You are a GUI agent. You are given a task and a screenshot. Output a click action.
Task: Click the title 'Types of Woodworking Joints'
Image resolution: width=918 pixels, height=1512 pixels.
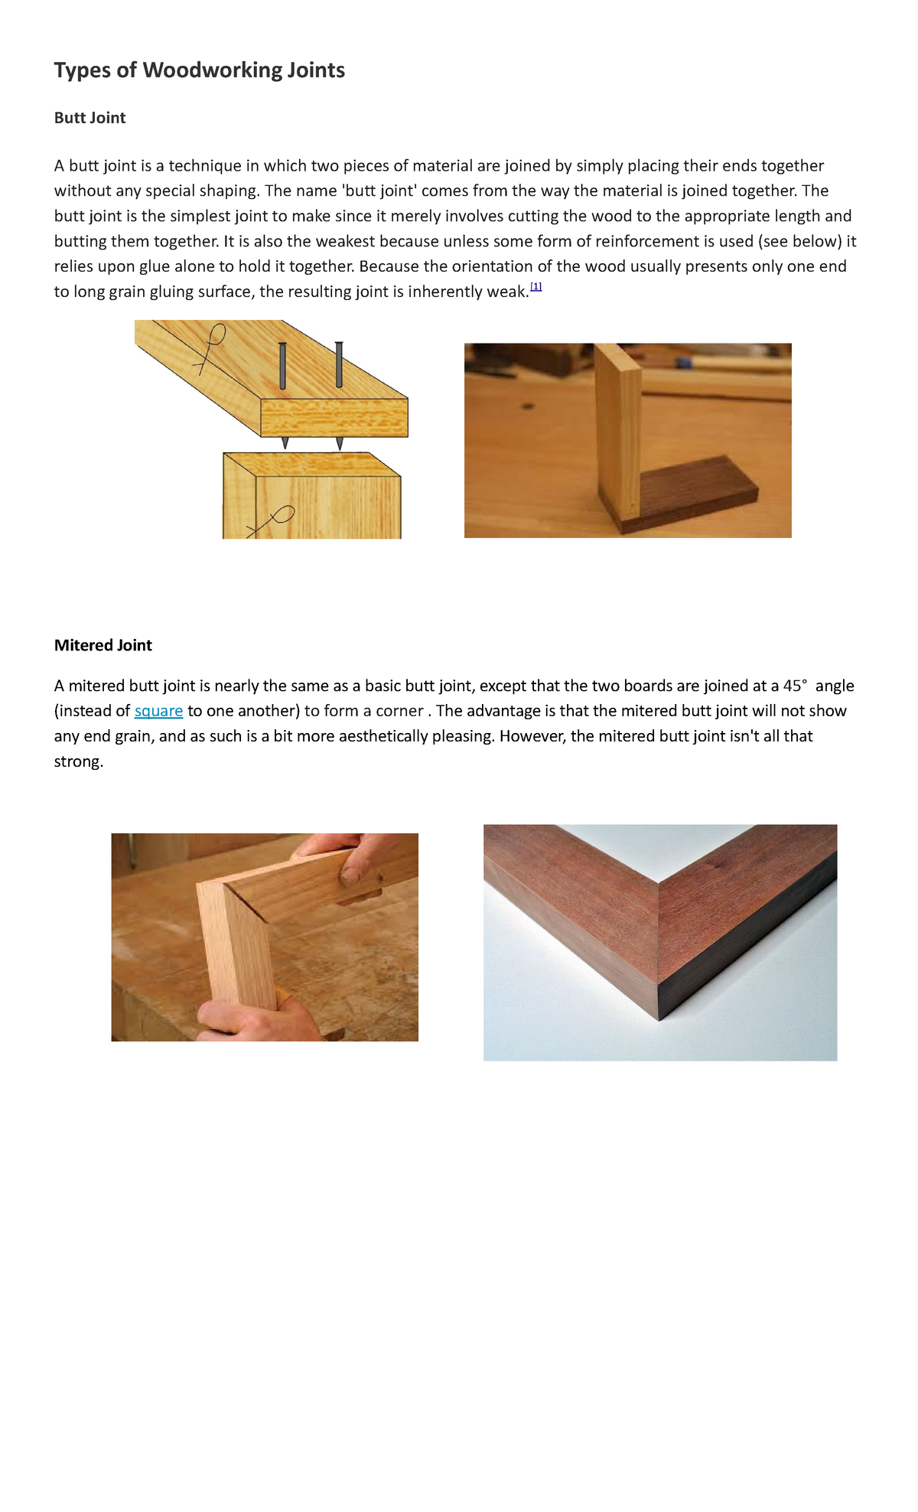[199, 70]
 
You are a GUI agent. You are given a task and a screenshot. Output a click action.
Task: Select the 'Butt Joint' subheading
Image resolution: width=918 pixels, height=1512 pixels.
[90, 118]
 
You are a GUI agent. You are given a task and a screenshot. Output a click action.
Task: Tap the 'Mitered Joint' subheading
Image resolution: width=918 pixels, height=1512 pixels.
[103, 645]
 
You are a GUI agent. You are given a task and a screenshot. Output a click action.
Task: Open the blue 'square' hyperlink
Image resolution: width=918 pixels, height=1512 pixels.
[158, 711]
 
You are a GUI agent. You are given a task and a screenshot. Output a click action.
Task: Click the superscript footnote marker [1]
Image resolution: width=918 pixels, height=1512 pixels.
[535, 286]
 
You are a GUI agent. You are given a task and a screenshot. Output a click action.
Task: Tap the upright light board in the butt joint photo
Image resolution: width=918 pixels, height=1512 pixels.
[618, 429]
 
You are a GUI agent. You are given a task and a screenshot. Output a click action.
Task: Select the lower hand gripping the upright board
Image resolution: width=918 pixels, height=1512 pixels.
[245, 1022]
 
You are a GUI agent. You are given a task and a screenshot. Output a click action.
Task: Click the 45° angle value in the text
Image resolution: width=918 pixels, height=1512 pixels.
[795, 686]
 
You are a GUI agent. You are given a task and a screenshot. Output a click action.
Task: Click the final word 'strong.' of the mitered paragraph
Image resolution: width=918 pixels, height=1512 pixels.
[78, 761]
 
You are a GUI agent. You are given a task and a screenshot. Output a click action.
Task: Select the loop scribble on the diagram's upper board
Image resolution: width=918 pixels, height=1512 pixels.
[212, 344]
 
